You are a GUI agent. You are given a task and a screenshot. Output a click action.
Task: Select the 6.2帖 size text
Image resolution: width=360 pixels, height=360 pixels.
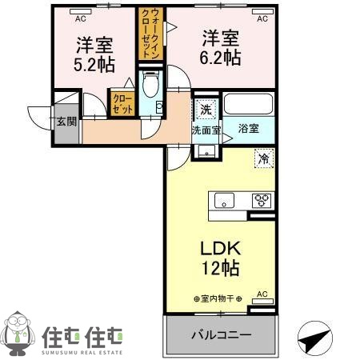[221, 58]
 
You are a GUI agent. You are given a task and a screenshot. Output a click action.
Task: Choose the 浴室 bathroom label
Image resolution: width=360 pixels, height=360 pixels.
[249, 128]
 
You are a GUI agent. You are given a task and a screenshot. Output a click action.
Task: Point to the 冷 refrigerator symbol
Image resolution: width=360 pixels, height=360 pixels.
[263, 158]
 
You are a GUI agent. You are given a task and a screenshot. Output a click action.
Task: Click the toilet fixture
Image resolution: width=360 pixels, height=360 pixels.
[150, 84]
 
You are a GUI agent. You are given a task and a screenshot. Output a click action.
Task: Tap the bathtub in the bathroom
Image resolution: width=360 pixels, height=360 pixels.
[249, 104]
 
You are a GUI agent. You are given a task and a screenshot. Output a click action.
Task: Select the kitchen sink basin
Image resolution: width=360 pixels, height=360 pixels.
[222, 200]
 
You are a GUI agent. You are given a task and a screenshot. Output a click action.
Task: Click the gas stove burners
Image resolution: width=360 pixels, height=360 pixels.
[261, 200]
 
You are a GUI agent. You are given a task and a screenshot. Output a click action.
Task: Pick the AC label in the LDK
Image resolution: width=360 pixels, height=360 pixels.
[261, 294]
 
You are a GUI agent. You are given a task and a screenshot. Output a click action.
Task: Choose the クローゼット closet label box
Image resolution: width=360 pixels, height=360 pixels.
[123, 104]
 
